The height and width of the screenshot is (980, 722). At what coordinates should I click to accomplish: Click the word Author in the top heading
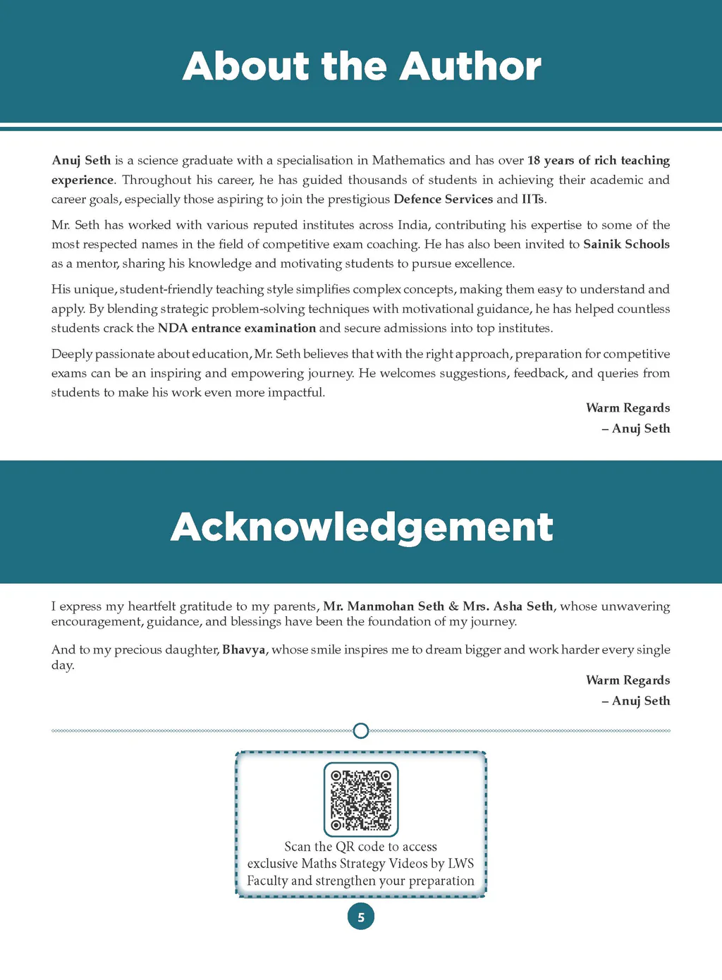[x=470, y=67]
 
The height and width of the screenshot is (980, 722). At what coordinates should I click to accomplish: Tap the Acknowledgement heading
[x=362, y=527]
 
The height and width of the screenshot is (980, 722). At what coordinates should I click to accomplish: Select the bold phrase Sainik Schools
[x=626, y=244]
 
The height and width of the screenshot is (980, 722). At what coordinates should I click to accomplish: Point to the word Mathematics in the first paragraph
[x=408, y=160]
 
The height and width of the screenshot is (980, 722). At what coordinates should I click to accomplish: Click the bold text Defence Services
[x=443, y=199]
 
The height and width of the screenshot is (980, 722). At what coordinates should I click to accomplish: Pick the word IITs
[x=533, y=199]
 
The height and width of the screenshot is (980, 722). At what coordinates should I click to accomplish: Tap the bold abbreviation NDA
[x=173, y=328]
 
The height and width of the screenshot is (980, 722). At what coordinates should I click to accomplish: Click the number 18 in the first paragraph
[x=534, y=160]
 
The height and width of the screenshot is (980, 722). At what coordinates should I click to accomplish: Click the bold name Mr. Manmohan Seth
[x=384, y=606]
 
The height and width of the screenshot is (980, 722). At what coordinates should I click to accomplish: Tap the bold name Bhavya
[x=243, y=649]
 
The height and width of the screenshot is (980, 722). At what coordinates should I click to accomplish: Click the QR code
[x=361, y=800]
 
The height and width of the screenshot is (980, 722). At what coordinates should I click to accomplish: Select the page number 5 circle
[x=361, y=917]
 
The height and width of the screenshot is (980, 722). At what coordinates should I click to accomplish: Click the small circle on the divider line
[x=360, y=730]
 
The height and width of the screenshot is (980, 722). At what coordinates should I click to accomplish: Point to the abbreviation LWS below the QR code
[x=460, y=864]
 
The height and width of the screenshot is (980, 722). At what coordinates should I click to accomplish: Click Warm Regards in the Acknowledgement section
[x=628, y=680]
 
